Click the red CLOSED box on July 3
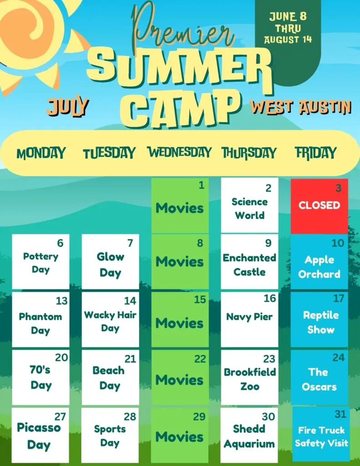tap(319, 206)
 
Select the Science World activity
tap(249, 205)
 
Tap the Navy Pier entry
tap(249, 319)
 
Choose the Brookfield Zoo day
tap(249, 377)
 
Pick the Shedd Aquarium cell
tap(249, 435)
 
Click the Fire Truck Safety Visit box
tap(321, 434)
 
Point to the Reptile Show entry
tap(319, 319)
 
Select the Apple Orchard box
tap(319, 262)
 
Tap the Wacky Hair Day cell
tap(110, 319)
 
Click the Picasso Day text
tap(39, 436)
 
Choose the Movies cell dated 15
tap(180, 319)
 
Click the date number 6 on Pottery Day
tap(61, 243)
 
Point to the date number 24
tap(339, 358)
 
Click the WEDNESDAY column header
tap(180, 152)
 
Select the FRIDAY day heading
tap(316, 153)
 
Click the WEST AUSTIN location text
tap(300, 107)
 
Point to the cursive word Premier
tap(183, 28)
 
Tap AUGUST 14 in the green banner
tap(288, 40)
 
